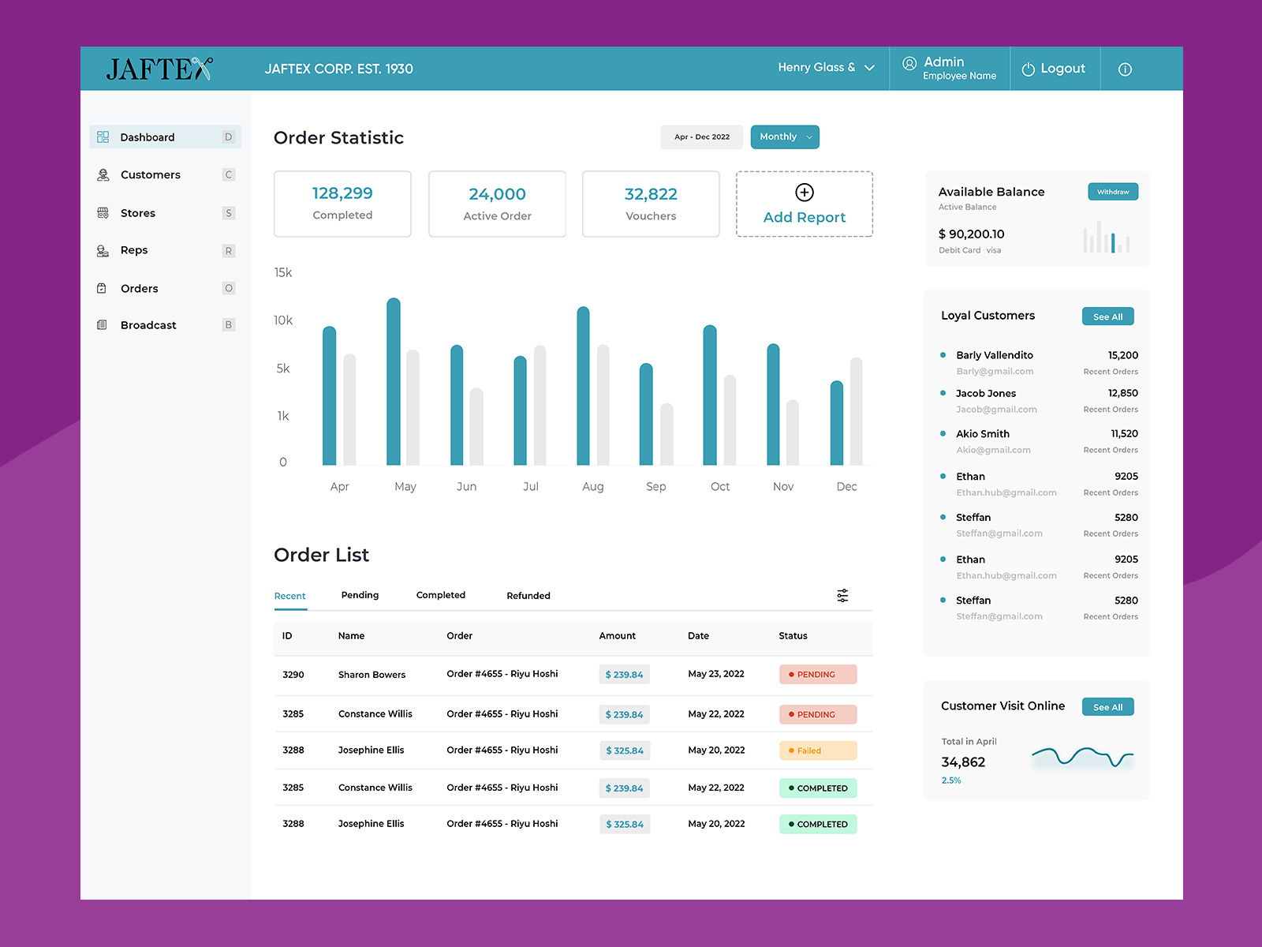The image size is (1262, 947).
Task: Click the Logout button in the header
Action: point(1054,69)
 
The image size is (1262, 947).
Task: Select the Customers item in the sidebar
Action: point(150,174)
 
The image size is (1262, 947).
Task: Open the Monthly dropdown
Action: point(784,137)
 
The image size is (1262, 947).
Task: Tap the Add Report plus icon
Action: point(804,193)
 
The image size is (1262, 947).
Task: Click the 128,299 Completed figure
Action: point(342,193)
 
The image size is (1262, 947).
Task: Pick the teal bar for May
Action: point(393,382)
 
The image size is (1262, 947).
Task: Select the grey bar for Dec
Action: point(856,411)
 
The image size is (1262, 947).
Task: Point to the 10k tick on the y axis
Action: point(282,320)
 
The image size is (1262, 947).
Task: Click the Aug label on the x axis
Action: point(592,487)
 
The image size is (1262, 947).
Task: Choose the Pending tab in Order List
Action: point(360,595)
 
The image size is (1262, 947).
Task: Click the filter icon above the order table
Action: point(842,595)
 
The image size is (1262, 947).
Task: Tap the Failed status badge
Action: point(817,750)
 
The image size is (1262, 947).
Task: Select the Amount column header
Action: point(617,636)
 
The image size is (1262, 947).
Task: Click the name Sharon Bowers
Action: point(372,675)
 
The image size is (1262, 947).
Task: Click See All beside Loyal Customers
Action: point(1107,316)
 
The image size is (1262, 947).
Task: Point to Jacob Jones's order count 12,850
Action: point(1122,393)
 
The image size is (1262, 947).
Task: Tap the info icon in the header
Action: point(1125,69)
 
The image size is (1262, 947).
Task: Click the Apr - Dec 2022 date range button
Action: point(701,137)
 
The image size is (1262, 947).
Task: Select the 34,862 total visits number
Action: point(963,762)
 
